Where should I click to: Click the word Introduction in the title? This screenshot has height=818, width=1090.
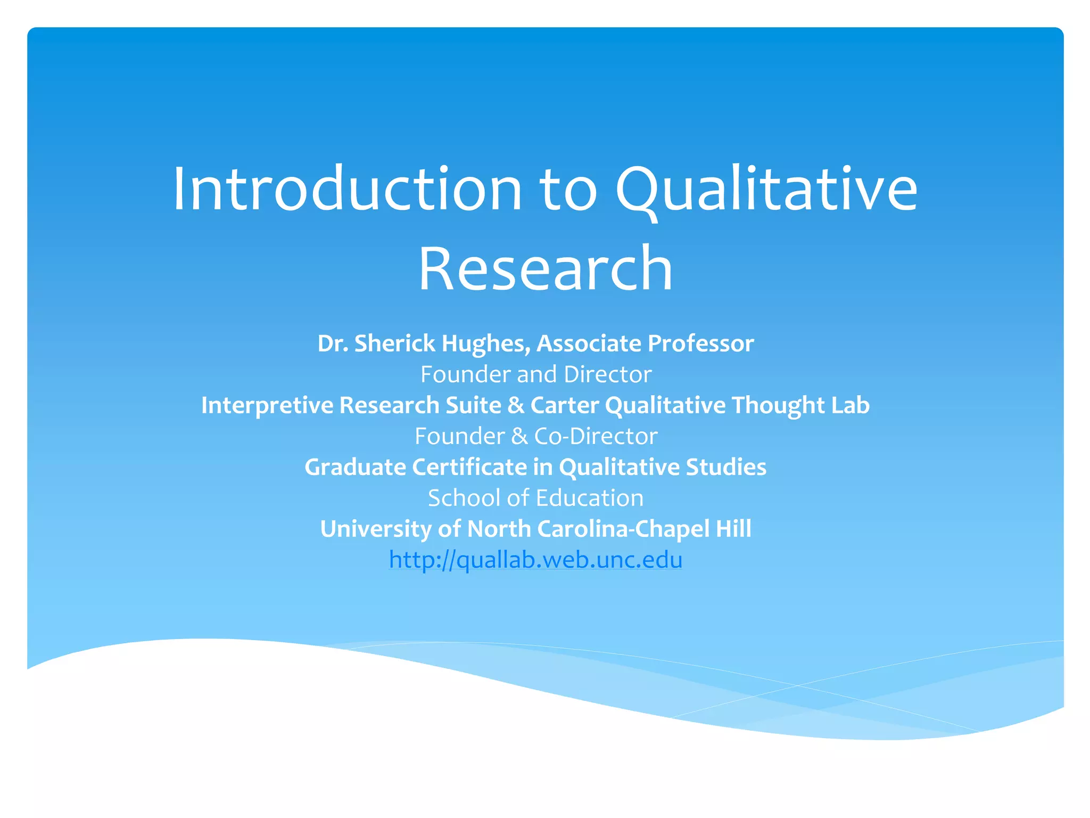point(347,190)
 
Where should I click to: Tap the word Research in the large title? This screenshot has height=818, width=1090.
point(546,268)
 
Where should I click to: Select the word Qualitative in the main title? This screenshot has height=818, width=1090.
point(766,190)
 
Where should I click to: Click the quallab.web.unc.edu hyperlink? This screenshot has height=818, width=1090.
point(535,560)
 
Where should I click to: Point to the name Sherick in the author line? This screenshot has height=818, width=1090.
point(394,343)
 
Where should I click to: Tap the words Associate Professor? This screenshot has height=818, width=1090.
point(645,343)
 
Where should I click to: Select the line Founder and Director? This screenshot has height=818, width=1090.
point(536,374)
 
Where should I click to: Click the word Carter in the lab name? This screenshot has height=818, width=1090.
point(564,405)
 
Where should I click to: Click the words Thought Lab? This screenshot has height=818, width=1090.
point(800,405)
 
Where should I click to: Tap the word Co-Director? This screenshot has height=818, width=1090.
point(596,436)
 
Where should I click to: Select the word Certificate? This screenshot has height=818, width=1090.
point(469,467)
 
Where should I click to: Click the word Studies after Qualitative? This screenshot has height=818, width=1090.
point(726,467)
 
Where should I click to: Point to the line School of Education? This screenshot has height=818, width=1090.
point(536,498)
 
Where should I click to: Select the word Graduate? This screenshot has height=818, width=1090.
point(355,467)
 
